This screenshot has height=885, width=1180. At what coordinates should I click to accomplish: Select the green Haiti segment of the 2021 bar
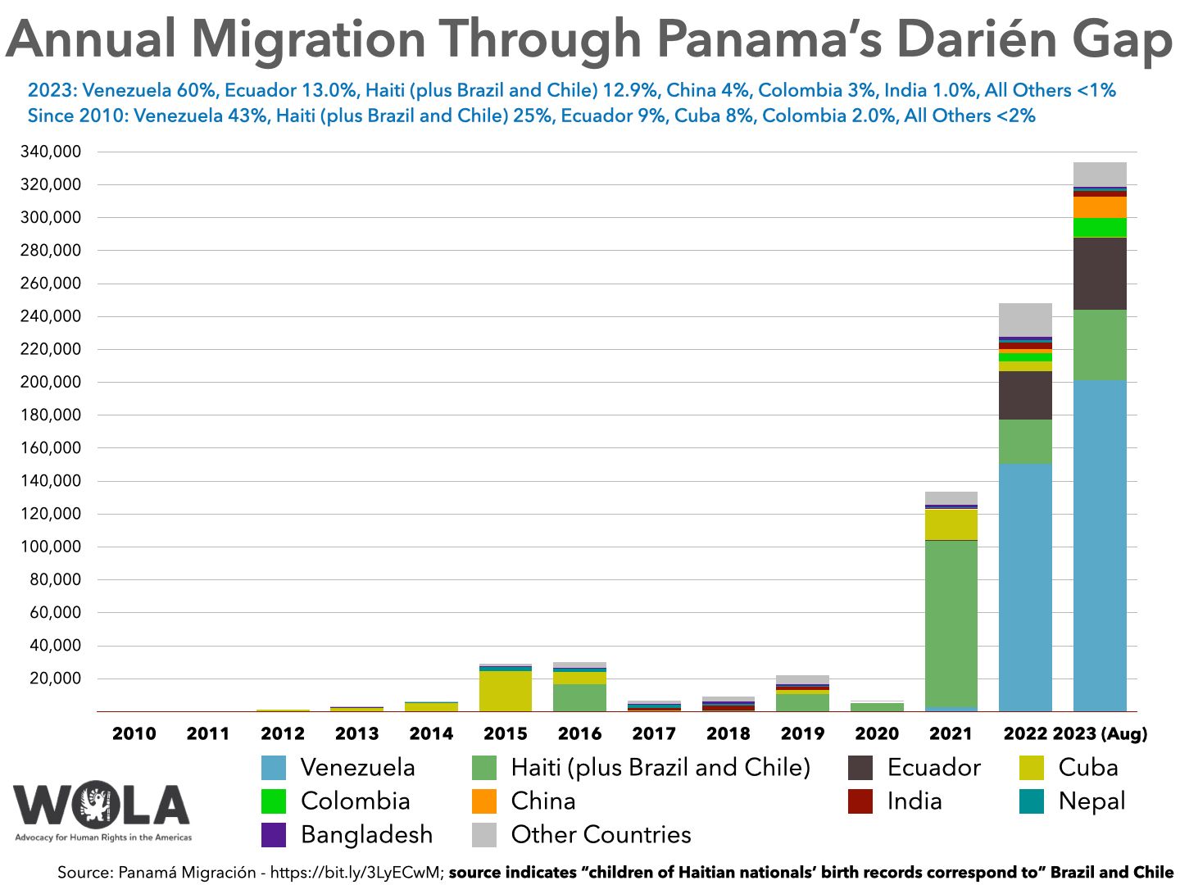tap(951, 623)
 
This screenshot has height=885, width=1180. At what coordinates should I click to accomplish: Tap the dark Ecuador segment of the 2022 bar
tap(1025, 395)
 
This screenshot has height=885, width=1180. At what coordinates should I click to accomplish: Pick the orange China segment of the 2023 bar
tap(1100, 207)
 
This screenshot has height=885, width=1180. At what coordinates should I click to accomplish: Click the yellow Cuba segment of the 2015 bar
tap(505, 691)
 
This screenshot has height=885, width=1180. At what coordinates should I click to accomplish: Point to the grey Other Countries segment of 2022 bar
tap(1025, 320)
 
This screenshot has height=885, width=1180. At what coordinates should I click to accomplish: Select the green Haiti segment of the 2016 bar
tap(579, 697)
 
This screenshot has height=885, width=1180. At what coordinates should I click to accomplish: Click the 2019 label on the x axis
tap(802, 733)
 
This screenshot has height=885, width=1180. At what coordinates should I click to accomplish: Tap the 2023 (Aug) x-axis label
tap(1100, 733)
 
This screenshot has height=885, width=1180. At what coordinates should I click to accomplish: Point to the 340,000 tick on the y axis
tap(50, 152)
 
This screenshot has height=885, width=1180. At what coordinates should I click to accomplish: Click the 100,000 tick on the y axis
tap(50, 547)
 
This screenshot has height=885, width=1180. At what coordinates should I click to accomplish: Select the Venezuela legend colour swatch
tap(274, 768)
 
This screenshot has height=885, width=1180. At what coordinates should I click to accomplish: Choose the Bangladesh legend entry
tap(366, 834)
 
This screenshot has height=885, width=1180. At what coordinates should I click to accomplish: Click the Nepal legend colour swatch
tap(1032, 801)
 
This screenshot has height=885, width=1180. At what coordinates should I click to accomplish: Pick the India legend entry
tap(914, 801)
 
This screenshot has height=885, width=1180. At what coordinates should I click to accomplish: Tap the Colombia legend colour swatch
tap(274, 801)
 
